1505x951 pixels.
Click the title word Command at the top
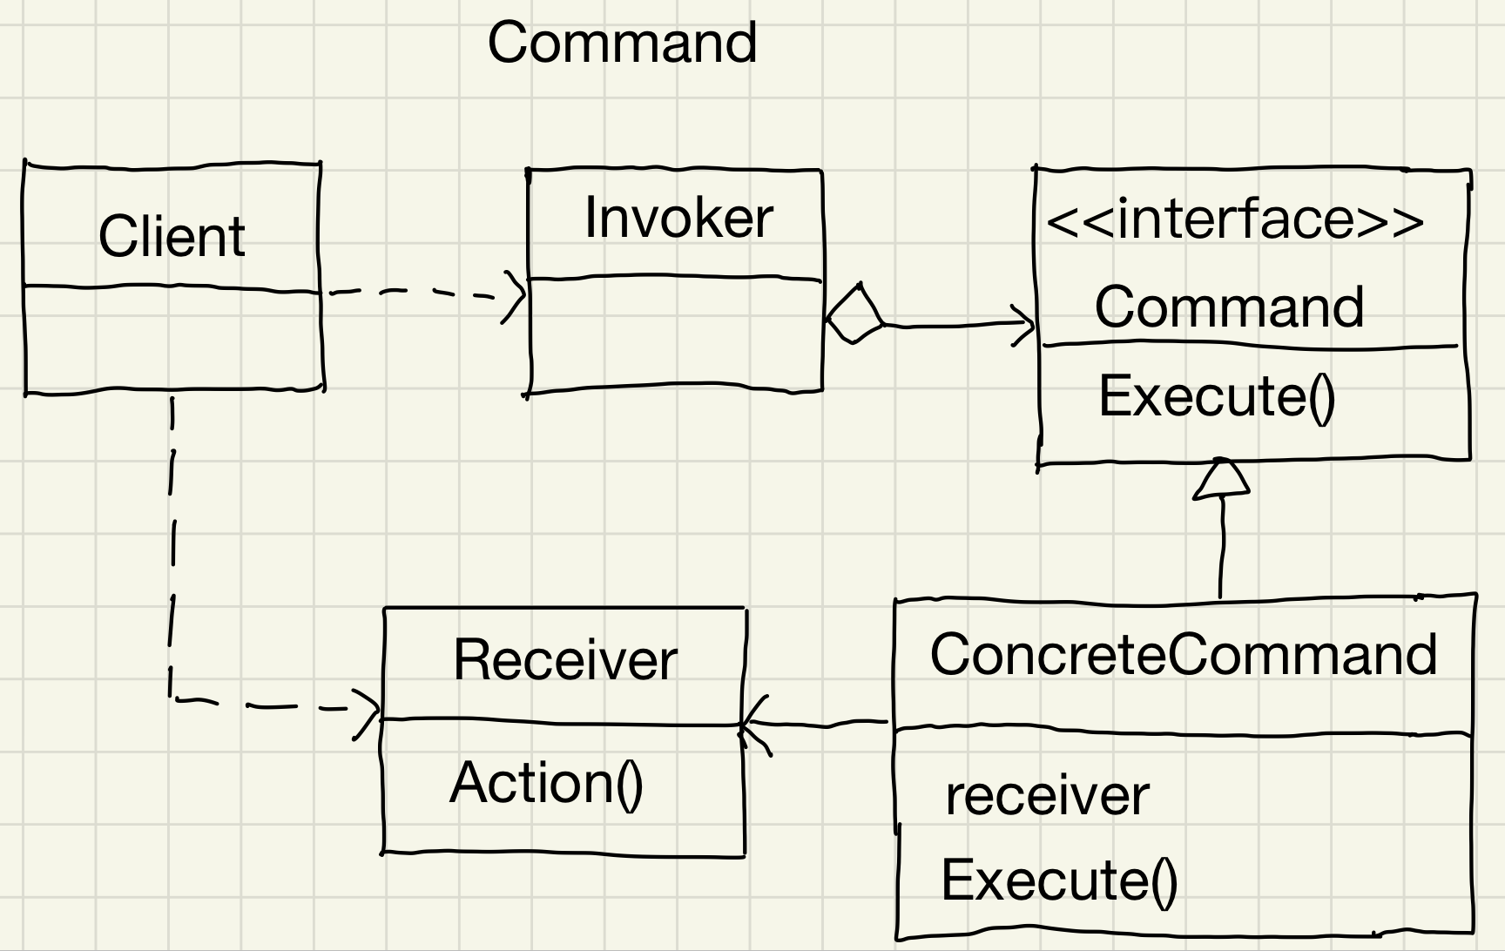point(622,42)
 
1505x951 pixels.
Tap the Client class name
point(172,236)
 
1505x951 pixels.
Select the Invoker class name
point(678,218)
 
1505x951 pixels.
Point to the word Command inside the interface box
point(1229,307)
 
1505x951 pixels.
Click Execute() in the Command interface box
point(1216,396)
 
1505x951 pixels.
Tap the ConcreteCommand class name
point(1184,654)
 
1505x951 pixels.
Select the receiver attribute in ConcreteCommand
point(1047,796)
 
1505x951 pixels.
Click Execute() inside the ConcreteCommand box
point(1059,880)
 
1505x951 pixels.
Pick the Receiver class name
point(564,659)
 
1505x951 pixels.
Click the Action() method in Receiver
point(546,783)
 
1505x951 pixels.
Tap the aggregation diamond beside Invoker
point(854,314)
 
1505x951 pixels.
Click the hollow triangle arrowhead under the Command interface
point(1222,480)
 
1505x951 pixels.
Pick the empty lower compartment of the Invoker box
point(676,334)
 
